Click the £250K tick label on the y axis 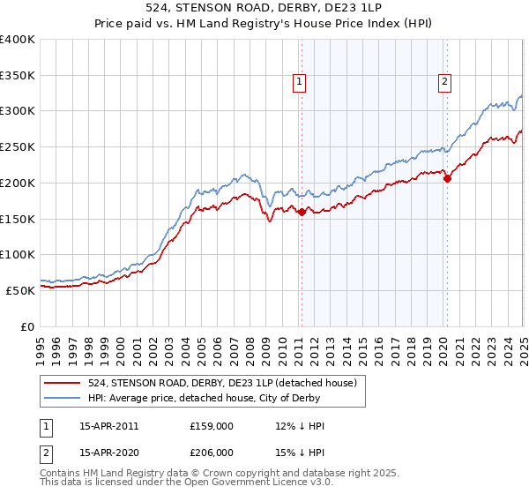coord(17,146)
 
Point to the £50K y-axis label coord(20,289)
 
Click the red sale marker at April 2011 coord(302,212)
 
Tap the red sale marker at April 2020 coord(447,178)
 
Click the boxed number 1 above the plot coord(300,82)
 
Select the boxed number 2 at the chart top coord(444,82)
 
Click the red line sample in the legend coord(62,383)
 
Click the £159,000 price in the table coord(211,426)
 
